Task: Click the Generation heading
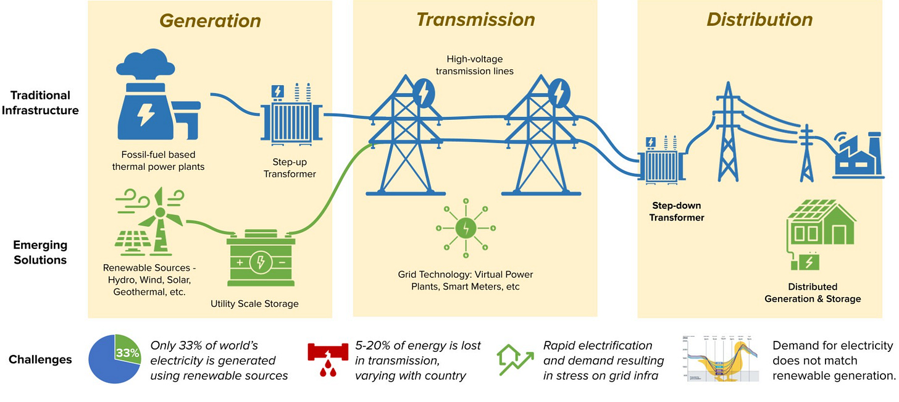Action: (x=210, y=20)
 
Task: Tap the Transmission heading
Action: (x=475, y=20)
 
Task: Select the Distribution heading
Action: (x=759, y=20)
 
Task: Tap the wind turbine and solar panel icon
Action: (x=150, y=220)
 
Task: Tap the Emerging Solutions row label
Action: (x=40, y=251)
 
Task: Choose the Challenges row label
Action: (x=40, y=359)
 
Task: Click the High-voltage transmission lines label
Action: (x=474, y=65)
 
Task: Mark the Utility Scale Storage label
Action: (x=254, y=303)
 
